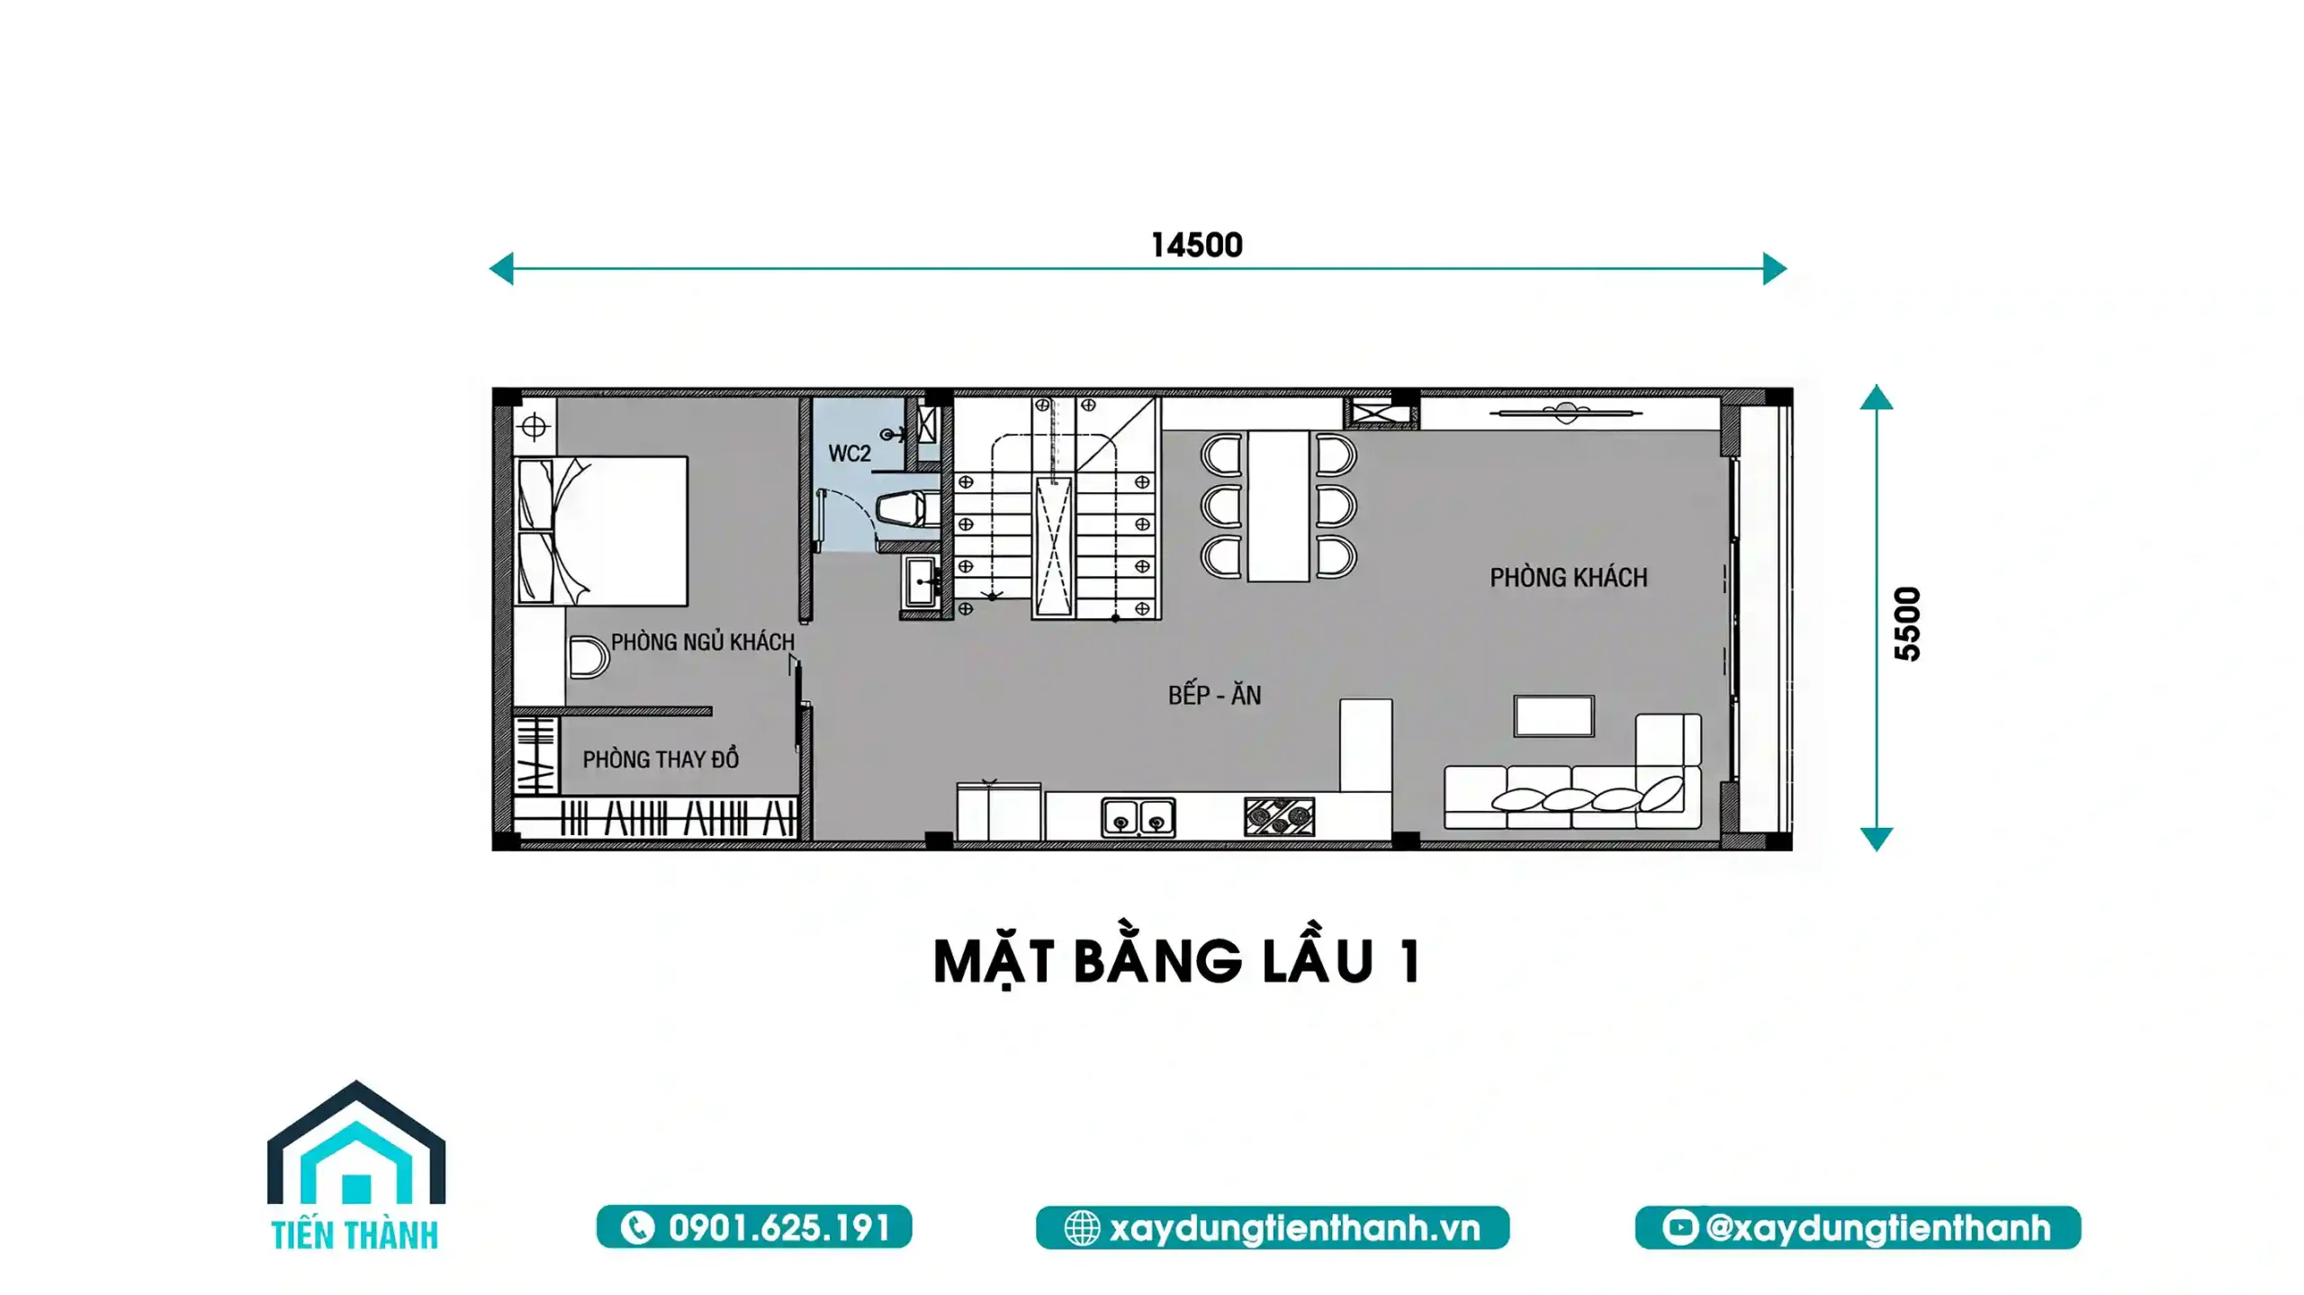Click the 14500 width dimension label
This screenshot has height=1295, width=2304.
point(1196,245)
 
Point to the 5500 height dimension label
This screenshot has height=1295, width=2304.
point(1907,624)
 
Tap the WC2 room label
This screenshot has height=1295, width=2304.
point(850,454)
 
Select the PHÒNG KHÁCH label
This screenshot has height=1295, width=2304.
point(1568,577)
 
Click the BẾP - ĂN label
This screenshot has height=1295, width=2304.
point(1214,695)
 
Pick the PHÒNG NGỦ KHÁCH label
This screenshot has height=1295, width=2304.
point(702,642)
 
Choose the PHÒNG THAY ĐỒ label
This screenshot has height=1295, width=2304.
point(660,760)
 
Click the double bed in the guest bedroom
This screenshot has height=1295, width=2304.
point(601,531)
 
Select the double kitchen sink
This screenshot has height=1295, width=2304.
point(1138,818)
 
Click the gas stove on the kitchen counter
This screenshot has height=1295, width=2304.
point(1279,817)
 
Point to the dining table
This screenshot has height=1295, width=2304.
point(1278,506)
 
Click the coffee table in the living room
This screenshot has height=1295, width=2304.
point(1553,716)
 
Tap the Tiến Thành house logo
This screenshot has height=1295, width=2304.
point(355,1165)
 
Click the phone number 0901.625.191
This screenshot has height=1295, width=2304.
point(754,1228)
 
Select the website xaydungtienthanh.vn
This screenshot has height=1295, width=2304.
point(1273,1228)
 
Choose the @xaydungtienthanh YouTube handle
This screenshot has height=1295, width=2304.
point(1858,1228)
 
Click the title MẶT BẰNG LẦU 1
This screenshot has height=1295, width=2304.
point(1176,961)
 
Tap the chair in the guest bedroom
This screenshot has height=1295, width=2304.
point(589,657)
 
